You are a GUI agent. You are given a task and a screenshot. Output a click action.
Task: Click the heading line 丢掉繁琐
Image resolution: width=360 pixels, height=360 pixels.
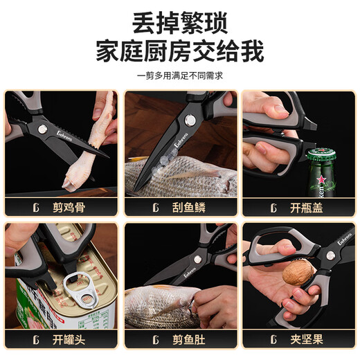[180, 25]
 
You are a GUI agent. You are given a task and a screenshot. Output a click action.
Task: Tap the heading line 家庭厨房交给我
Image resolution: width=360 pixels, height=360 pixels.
[180, 53]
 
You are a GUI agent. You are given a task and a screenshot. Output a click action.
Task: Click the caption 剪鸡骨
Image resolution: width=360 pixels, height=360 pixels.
[70, 207]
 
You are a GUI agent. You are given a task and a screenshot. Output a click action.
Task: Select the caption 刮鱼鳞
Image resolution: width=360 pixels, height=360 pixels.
[189, 207]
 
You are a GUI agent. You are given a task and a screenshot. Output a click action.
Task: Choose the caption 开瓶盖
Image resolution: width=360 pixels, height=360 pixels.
[307, 207]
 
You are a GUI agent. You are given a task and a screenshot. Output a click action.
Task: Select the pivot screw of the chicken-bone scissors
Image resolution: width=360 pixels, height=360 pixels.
[42, 129]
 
